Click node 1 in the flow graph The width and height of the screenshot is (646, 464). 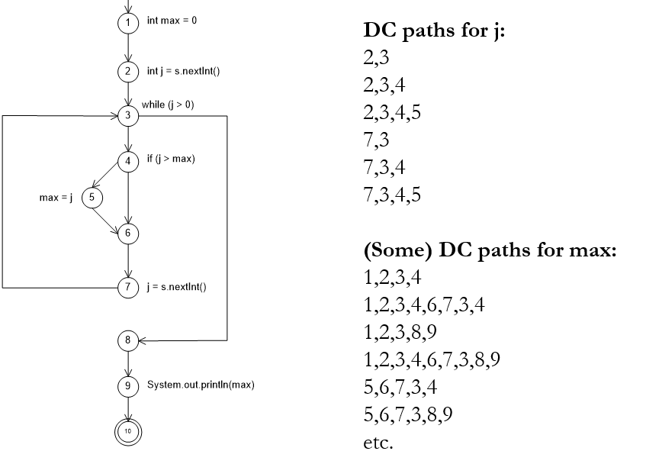pos(128,21)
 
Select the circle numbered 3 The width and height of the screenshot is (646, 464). pos(128,116)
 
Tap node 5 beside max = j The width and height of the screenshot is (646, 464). pos(92,198)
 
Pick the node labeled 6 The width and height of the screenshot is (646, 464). pos(128,233)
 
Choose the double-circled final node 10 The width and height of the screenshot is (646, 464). pos(128,430)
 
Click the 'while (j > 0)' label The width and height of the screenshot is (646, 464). pos(168,104)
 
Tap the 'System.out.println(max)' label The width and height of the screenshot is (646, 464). pos(200,385)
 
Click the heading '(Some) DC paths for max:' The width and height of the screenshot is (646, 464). pos(489,253)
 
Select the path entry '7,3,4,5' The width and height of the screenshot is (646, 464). pos(392,195)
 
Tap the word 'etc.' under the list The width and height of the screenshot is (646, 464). pos(378,442)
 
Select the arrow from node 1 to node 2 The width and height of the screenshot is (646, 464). pos(128,47)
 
